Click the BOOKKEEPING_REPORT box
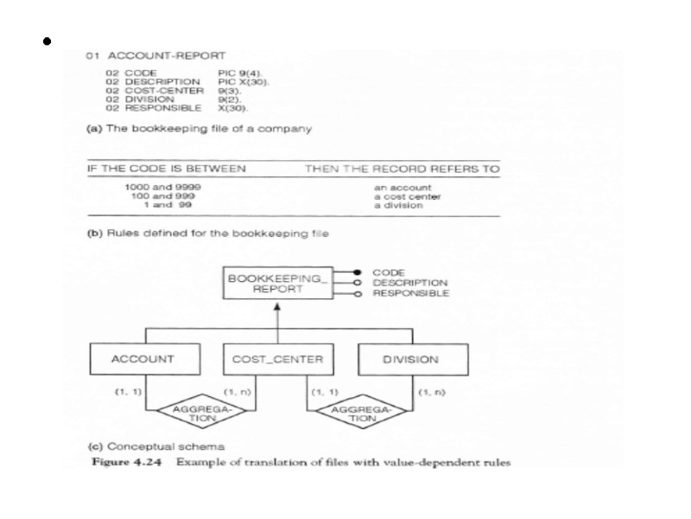click(x=276, y=284)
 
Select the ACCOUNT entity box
click(x=143, y=359)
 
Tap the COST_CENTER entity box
click(x=277, y=359)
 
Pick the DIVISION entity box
click(x=410, y=359)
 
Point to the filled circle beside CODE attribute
click(x=357, y=272)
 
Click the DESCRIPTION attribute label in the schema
click(x=409, y=283)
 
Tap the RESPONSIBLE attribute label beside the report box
click(x=410, y=293)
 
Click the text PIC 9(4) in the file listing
click(x=239, y=73)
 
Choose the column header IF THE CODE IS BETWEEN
click(x=166, y=169)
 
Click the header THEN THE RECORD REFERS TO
click(x=402, y=169)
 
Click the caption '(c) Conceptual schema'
click(x=157, y=446)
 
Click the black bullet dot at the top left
click(x=44, y=41)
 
